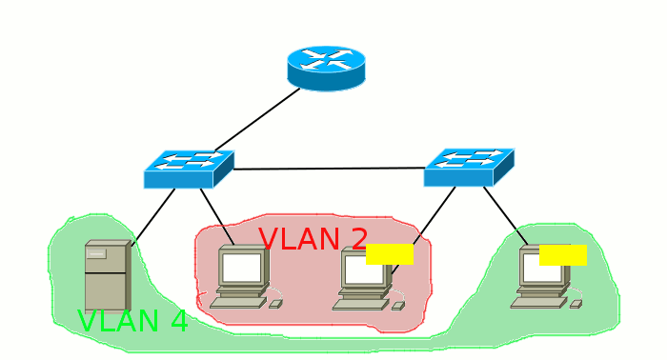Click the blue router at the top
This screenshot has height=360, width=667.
326,67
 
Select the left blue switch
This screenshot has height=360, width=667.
188,169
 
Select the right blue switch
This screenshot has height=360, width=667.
468,167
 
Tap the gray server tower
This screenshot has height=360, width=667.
106,275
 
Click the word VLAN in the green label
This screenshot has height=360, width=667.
112,322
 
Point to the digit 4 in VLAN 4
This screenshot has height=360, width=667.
177,322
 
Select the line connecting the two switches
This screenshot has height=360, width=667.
329,169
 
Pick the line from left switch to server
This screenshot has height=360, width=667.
152,216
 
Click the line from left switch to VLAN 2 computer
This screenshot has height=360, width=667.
216,216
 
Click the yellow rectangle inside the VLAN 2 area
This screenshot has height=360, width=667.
389,253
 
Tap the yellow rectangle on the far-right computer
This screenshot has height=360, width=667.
562,254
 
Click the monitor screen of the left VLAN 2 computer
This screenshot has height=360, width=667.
242,268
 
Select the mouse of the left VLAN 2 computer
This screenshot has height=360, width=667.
275,304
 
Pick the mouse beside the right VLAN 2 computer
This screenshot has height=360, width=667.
398,306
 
